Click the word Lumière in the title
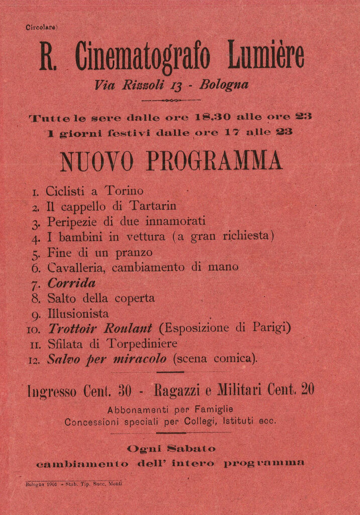tap(266, 56)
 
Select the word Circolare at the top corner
tap(42, 28)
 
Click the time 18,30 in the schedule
tap(213, 117)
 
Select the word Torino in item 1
tap(124, 191)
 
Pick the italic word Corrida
tap(71, 283)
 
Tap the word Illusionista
tap(78, 314)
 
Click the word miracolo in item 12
tap(140, 359)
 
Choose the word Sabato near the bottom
tap(191, 448)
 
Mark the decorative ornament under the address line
tap(171, 101)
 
